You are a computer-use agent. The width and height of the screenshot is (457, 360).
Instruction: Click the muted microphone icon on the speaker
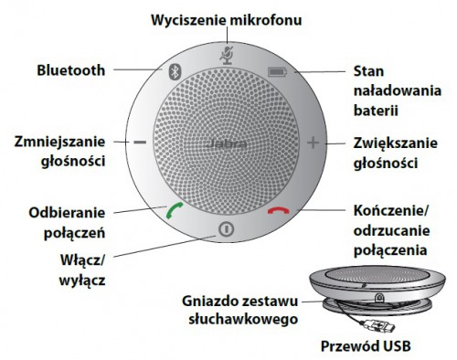click(227, 55)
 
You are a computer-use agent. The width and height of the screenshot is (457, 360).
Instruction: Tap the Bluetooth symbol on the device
click(175, 72)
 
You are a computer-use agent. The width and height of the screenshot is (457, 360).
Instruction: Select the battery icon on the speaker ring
click(277, 72)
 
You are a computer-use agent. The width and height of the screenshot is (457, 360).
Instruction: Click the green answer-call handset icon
click(175, 210)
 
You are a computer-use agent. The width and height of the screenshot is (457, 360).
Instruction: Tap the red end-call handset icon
click(279, 211)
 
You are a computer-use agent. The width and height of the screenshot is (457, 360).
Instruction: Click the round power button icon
click(227, 229)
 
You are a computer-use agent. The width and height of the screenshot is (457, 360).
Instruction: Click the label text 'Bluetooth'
click(71, 70)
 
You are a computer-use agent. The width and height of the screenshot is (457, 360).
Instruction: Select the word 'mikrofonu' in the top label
click(266, 20)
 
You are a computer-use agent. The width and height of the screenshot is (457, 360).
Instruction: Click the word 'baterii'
click(376, 110)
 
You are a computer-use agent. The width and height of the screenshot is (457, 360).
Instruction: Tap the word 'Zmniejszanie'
click(59, 143)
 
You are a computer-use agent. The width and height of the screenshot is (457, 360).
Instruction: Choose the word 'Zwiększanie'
click(396, 143)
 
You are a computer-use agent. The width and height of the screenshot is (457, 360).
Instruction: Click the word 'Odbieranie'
click(67, 213)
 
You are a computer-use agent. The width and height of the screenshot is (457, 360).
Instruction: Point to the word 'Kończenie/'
click(391, 211)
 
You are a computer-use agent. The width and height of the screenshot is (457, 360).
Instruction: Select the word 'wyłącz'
click(82, 281)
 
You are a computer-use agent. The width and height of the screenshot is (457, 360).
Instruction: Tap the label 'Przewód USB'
click(366, 346)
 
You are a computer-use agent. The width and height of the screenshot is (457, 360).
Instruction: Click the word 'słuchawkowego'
click(243, 320)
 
